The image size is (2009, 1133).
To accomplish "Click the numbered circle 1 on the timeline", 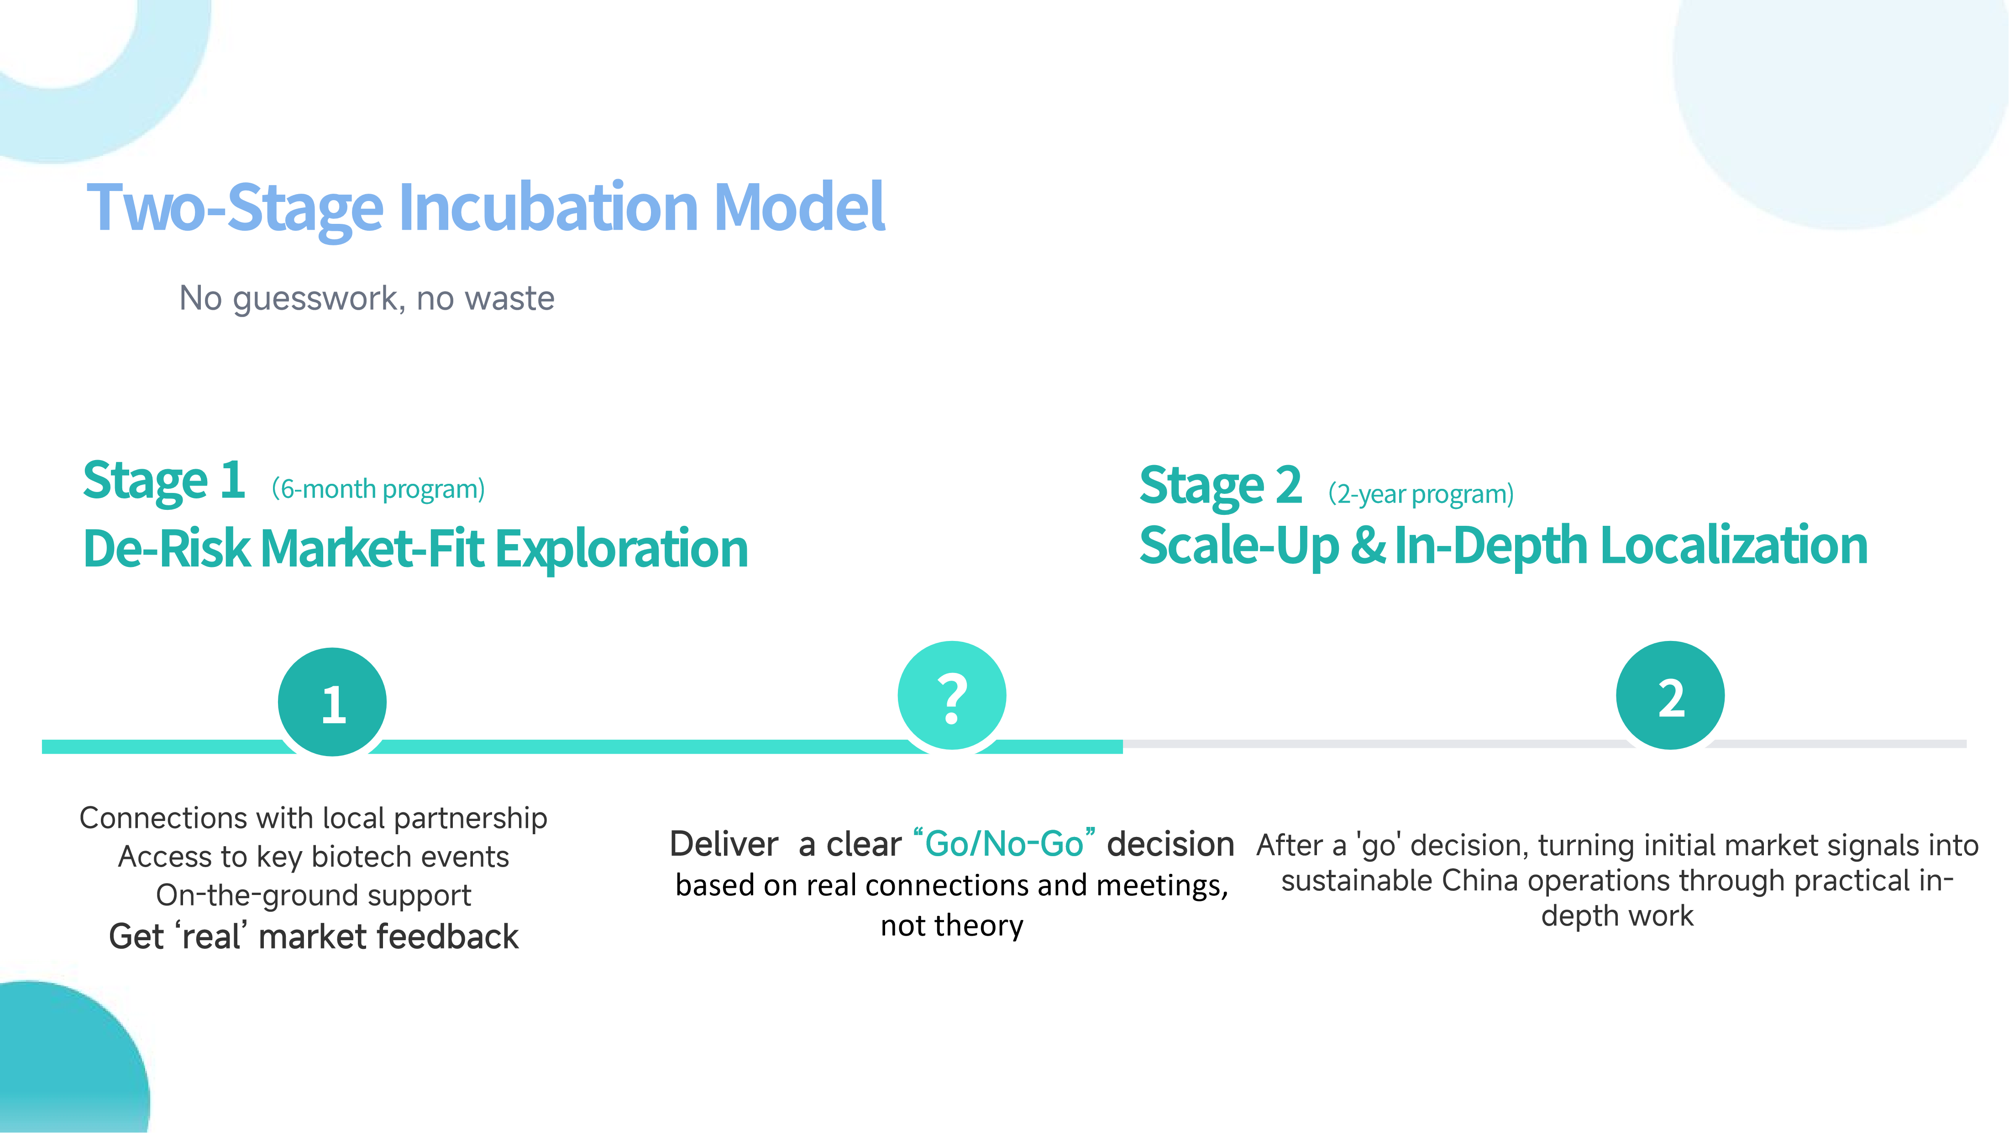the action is [x=332, y=701].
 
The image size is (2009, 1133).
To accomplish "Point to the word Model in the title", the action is [x=799, y=207].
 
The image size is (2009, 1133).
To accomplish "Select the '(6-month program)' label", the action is [x=378, y=489].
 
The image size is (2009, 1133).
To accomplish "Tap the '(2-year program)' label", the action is [x=1421, y=494].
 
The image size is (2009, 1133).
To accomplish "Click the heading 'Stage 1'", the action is [x=164, y=481].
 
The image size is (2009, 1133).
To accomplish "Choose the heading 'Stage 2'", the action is [x=1221, y=485].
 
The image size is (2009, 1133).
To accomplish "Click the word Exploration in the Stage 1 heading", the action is [x=622, y=549].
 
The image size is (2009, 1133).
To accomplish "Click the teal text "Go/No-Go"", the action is [x=1004, y=843].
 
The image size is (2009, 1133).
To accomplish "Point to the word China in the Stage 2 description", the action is [x=1480, y=880].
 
